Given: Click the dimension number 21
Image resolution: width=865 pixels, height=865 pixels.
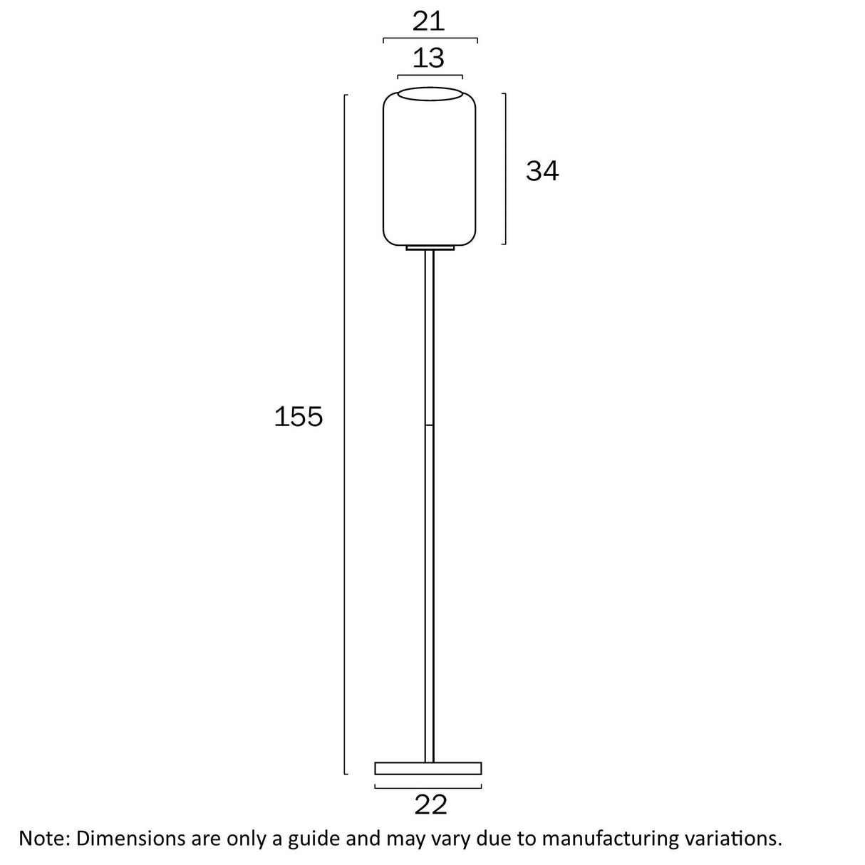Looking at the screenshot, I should [429, 21].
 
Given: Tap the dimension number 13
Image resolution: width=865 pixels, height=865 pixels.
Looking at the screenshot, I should [429, 58].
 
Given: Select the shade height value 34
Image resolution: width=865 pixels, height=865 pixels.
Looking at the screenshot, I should [542, 171].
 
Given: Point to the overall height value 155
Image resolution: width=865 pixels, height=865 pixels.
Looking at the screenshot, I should [299, 417].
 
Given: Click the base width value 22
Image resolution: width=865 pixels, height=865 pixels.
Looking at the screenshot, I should [430, 804].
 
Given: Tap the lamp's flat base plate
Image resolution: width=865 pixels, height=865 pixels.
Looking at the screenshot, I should [428, 768].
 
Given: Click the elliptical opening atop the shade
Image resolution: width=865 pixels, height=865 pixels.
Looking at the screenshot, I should [430, 94].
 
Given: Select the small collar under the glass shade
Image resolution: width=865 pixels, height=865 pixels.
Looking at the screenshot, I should [430, 248].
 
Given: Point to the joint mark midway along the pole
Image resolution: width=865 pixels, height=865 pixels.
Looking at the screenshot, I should [430, 425].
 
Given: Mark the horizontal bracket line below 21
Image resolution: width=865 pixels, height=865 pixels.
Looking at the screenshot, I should [430, 38].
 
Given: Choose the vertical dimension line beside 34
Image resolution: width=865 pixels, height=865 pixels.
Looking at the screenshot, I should [505, 169].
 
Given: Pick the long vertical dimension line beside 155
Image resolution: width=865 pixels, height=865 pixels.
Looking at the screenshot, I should [346, 435].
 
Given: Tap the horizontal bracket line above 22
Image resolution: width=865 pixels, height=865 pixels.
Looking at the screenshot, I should [428, 787].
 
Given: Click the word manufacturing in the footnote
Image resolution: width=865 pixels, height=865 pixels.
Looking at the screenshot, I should [608, 839].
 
